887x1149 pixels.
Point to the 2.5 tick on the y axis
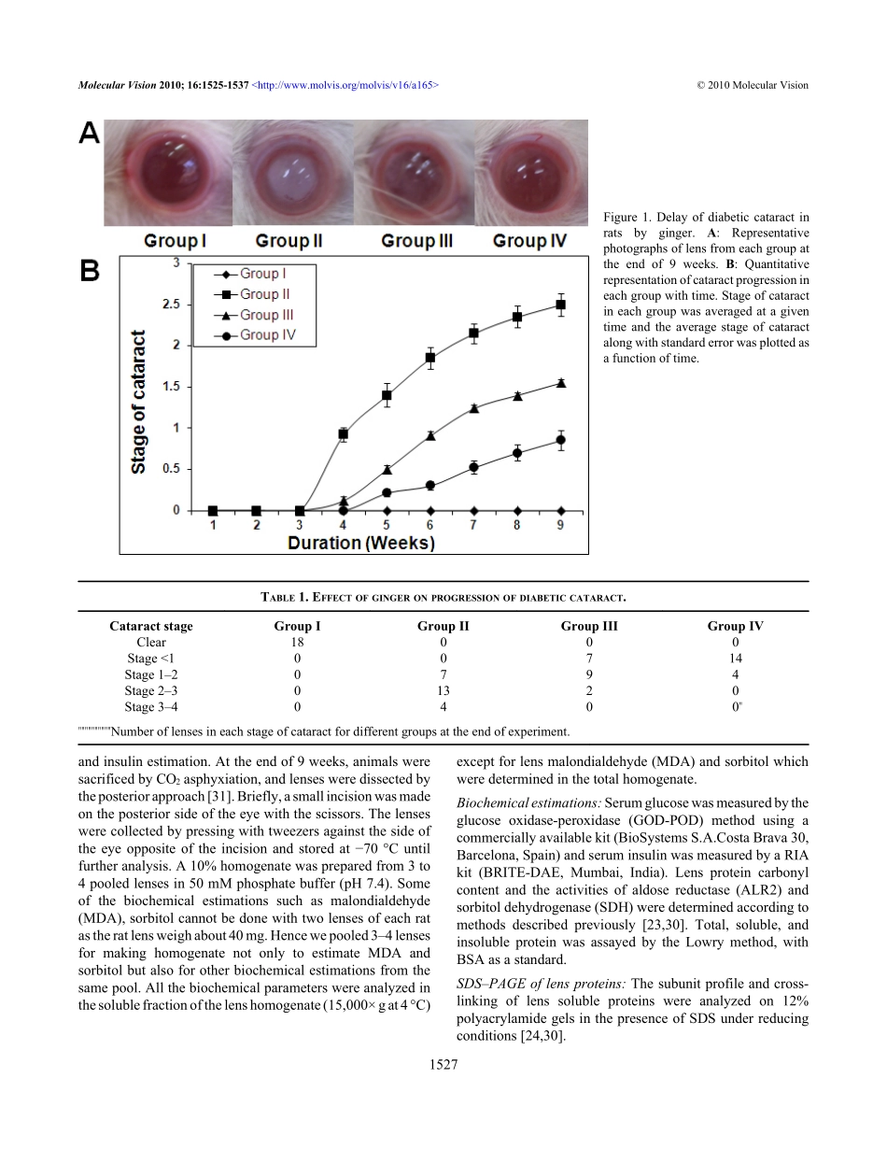(170, 305)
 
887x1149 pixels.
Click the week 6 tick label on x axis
(430, 526)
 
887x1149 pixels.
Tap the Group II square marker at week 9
(560, 305)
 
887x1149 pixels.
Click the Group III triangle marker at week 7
(474, 408)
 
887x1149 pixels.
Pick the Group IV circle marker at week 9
(560, 440)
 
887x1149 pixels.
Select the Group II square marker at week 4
(344, 434)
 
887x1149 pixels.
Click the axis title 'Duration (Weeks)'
(361, 543)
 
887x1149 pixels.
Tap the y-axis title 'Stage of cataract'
(138, 402)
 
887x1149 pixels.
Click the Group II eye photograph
(289, 175)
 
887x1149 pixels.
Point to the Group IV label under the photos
(529, 241)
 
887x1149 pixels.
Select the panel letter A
(89, 134)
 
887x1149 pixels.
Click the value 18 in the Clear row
(298, 642)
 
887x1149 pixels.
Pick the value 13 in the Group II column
(443, 690)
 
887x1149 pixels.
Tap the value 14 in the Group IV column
(736, 658)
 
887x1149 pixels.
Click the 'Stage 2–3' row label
(151, 690)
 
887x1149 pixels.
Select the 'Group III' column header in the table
(589, 626)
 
